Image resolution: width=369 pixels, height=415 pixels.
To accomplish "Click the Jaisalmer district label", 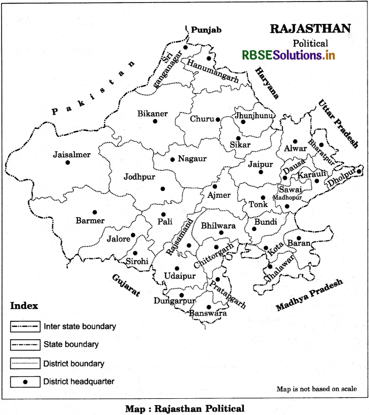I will click(x=72, y=155).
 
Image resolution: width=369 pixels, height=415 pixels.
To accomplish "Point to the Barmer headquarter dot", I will click(x=94, y=212).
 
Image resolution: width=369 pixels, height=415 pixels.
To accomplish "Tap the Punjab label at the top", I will click(x=205, y=31).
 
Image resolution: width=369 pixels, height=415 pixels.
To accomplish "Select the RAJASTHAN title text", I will click(x=309, y=28).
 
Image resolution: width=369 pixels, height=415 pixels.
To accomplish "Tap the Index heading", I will click(x=24, y=306).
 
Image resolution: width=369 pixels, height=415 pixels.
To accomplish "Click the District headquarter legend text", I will click(x=79, y=381).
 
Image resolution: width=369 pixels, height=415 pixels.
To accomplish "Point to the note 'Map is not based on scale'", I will click(x=316, y=389).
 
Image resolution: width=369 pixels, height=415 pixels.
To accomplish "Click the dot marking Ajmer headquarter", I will click(x=215, y=187).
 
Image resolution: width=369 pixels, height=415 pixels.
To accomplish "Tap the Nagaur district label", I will click(x=192, y=159).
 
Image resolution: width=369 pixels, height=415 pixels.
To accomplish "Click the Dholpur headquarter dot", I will click(x=359, y=171).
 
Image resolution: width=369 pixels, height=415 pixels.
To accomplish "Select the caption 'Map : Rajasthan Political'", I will click(x=185, y=408).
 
